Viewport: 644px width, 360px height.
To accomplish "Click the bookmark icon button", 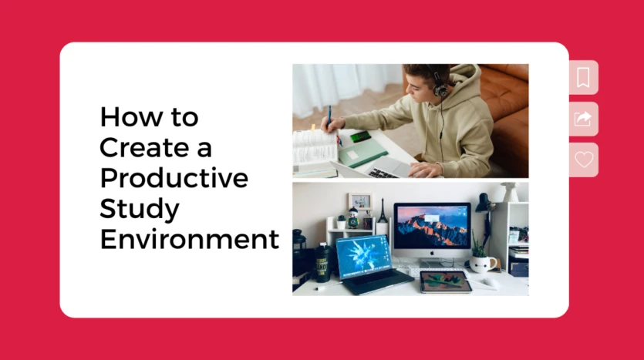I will point(583,77).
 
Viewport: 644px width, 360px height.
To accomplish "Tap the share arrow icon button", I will point(583,119).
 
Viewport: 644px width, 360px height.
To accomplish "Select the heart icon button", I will point(584,160).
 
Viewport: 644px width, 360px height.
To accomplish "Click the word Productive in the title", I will point(174,179).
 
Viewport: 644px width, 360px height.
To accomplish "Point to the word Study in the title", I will point(140,209).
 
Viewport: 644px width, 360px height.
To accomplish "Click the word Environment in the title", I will point(190,239).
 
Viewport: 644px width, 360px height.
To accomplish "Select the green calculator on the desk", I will point(360,136).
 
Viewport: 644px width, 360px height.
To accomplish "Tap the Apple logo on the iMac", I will point(432,252).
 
